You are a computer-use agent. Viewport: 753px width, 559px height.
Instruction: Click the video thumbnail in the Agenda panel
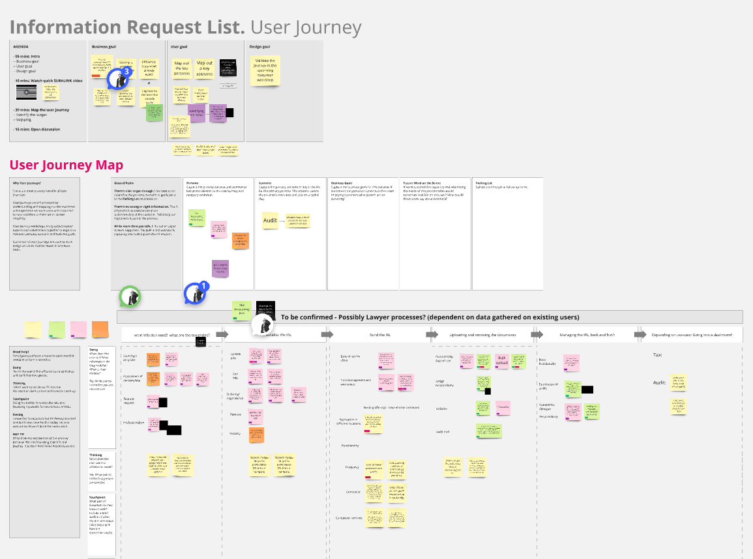(x=26, y=92)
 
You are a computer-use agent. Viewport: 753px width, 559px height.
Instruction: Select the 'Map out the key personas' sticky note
(x=182, y=68)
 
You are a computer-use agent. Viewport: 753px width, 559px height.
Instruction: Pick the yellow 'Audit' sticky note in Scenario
(x=270, y=221)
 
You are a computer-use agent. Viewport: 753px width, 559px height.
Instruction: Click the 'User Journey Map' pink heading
(x=62, y=165)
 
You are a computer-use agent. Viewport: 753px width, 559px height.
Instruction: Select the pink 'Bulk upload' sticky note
(x=501, y=360)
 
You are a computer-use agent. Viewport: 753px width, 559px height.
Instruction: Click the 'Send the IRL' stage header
(x=379, y=334)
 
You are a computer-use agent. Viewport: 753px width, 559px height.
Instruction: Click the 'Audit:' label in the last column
(x=659, y=382)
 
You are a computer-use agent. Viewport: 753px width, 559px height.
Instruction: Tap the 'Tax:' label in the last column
(x=658, y=355)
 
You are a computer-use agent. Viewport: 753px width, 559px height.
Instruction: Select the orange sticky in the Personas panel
(x=241, y=240)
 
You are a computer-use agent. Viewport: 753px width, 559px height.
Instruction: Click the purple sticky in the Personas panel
(x=220, y=268)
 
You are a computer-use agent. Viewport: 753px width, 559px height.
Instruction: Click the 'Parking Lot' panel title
(x=484, y=183)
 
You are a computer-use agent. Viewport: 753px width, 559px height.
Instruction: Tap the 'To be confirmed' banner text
(x=430, y=317)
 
